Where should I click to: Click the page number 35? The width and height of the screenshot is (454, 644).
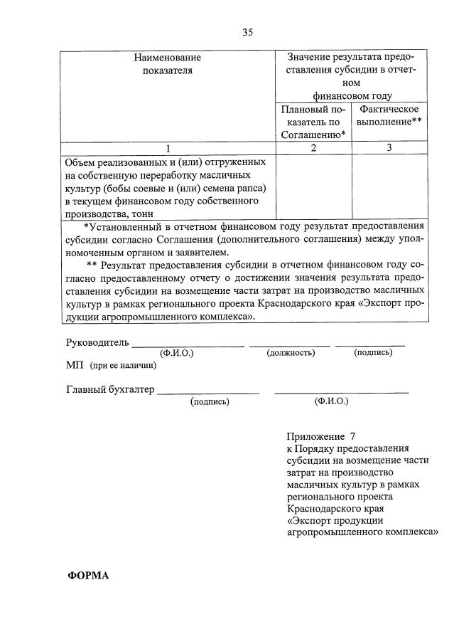pos(247,32)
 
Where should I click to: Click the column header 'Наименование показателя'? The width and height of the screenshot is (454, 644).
pos(168,63)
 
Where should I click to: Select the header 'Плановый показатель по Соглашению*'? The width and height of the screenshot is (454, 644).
pos(313,122)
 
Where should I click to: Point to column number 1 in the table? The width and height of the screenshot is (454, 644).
pos(168,148)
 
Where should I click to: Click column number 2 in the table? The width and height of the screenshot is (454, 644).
pos(313,148)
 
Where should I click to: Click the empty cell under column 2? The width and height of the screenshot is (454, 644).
pos(313,186)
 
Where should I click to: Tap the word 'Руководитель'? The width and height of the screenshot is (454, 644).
pos(97,342)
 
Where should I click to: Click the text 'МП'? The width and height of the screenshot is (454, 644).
pos(74,366)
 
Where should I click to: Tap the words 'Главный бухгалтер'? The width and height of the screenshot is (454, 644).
pos(110,390)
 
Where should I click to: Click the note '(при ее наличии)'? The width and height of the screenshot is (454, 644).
pos(123,366)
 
